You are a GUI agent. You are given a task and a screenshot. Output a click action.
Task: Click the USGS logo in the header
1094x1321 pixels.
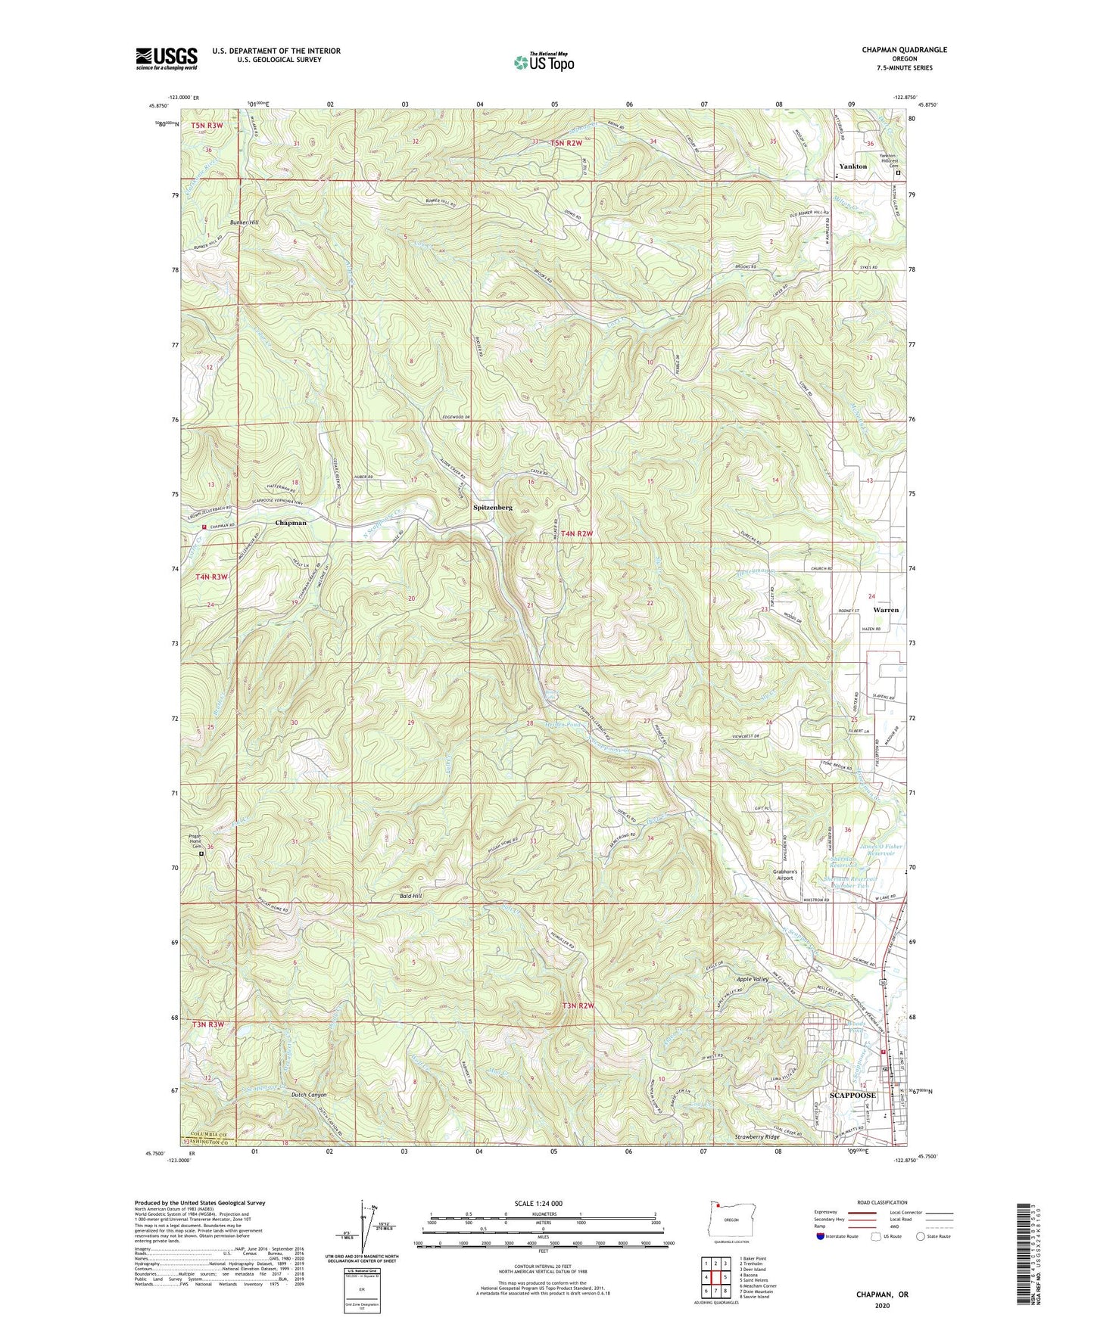tap(166, 58)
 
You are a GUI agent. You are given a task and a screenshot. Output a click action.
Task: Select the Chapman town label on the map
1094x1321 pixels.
tap(291, 523)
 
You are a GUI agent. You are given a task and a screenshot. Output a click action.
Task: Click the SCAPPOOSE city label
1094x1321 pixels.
tap(852, 1095)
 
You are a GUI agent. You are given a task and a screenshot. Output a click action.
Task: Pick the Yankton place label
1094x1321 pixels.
tap(852, 166)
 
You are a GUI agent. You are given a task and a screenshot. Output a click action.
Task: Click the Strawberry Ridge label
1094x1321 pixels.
tap(756, 1137)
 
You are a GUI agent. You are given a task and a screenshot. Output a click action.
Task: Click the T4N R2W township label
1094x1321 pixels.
tap(573, 534)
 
